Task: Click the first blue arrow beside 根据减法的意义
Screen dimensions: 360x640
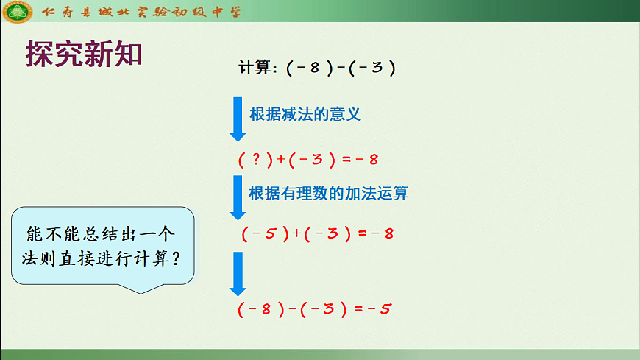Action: (x=238, y=119)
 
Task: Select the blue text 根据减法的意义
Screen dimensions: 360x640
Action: (x=305, y=115)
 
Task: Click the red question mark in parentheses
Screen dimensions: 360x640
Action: (x=255, y=159)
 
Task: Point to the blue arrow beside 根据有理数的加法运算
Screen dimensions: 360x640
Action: (x=238, y=197)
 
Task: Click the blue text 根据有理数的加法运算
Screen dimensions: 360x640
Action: (x=329, y=194)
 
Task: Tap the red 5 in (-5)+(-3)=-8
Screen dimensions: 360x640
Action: (x=270, y=234)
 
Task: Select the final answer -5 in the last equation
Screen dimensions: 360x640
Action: (x=380, y=309)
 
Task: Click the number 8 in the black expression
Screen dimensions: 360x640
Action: (x=314, y=68)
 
